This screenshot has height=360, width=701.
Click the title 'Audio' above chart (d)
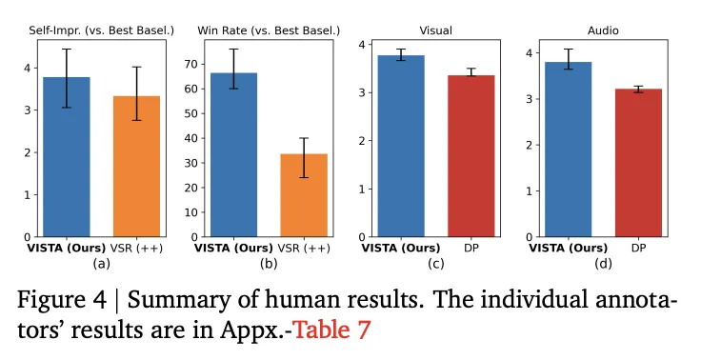(x=603, y=30)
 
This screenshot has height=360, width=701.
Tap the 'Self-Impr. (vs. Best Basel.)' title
(x=102, y=30)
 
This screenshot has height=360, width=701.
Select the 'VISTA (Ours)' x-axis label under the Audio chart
(x=569, y=250)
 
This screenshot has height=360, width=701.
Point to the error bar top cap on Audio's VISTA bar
(x=569, y=49)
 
